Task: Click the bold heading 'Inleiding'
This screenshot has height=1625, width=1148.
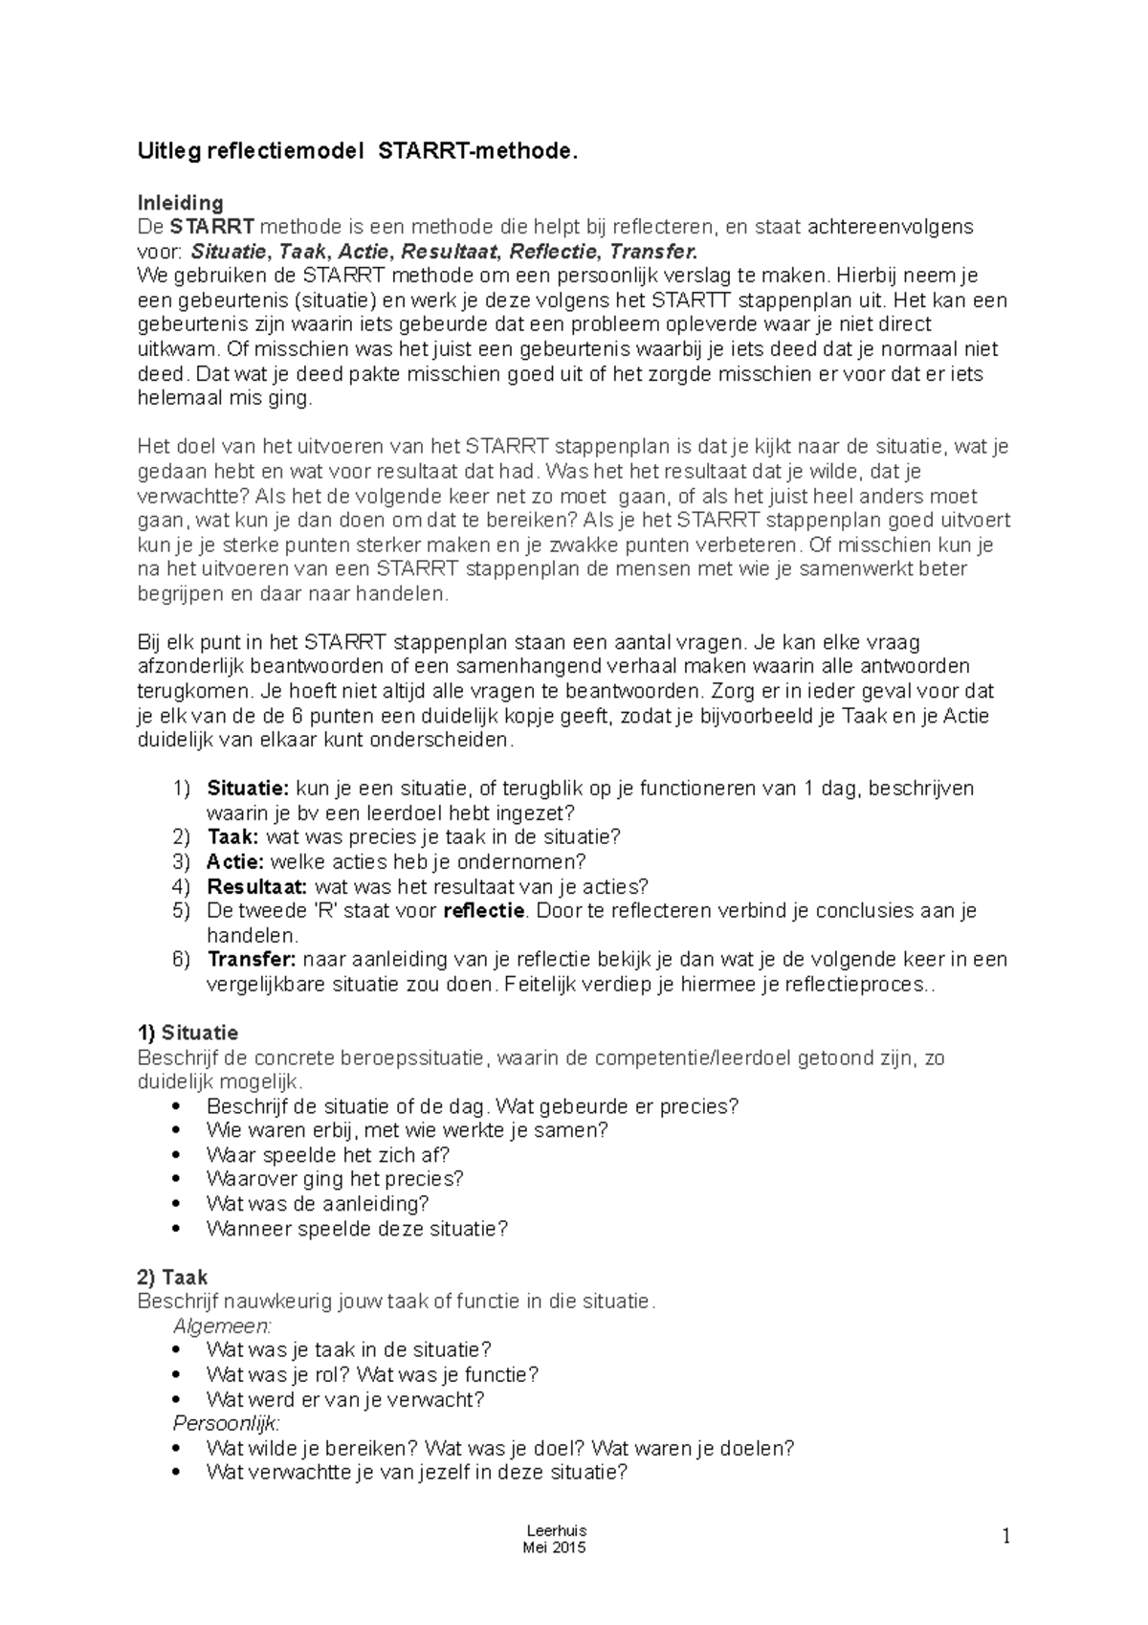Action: pyautogui.click(x=181, y=203)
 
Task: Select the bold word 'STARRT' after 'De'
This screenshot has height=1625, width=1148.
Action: pyautogui.click(x=212, y=227)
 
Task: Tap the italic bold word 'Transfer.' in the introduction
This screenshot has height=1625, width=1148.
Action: pyautogui.click(x=654, y=252)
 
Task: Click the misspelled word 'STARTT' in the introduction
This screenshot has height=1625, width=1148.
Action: pyautogui.click(x=665, y=301)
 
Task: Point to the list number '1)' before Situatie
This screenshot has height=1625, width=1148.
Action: pyautogui.click(x=182, y=789)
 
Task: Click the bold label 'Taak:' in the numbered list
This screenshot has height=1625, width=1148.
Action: pyautogui.click(x=232, y=837)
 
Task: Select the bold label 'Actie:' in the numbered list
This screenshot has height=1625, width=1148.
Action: pyautogui.click(x=235, y=862)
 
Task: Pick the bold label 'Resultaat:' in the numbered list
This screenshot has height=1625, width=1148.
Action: pyautogui.click(x=256, y=886)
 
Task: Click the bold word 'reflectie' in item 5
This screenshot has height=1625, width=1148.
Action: pyautogui.click(x=484, y=910)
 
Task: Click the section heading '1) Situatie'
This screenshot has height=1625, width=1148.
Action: pyautogui.click(x=188, y=1034)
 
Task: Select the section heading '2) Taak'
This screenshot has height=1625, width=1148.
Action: pyautogui.click(x=173, y=1277)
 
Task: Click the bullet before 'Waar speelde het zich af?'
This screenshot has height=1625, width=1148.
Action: pyautogui.click(x=174, y=1155)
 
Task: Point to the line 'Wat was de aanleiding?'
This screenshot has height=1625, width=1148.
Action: pyautogui.click(x=317, y=1204)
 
